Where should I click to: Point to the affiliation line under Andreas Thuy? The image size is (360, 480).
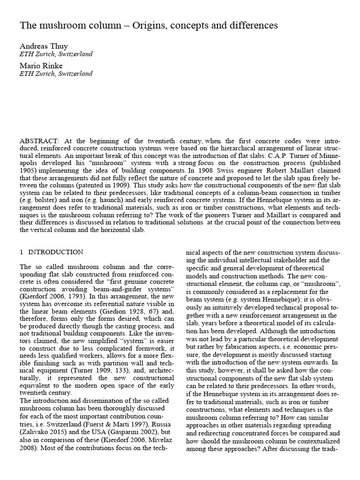56,54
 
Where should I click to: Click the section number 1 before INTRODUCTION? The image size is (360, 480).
22,252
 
